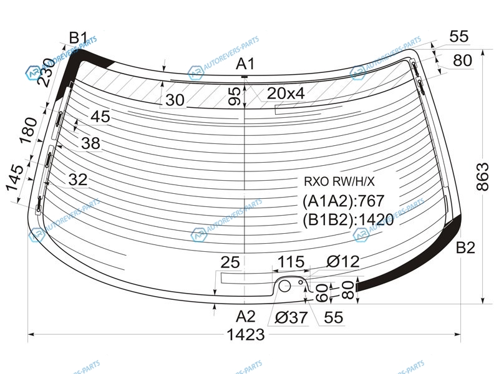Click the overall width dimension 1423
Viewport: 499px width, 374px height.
tap(245, 335)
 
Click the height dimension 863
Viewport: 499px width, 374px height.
tap(483, 177)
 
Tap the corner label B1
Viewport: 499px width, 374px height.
tap(78, 38)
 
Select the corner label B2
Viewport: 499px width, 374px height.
tap(465, 247)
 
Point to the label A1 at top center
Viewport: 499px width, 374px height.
tap(245, 64)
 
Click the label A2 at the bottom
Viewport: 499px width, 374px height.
tap(245, 317)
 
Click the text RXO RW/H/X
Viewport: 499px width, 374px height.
tap(339, 181)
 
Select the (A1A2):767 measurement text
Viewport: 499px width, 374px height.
tap(344, 201)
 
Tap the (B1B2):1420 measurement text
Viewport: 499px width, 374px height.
tap(348, 219)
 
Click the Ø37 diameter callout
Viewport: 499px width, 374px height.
tap(291, 317)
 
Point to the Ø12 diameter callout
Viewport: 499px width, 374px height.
tap(343, 261)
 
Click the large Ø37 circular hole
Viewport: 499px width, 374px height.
tap(284, 286)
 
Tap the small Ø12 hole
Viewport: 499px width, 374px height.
tap(301, 282)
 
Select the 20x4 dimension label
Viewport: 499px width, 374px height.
tap(286, 93)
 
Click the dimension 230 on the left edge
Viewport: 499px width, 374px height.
tap(46, 72)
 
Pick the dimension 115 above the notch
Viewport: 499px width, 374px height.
tap(291, 262)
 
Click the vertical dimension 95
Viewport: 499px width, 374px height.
tap(235, 97)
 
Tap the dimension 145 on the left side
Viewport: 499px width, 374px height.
tap(14, 178)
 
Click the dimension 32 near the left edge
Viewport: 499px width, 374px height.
tap(77, 180)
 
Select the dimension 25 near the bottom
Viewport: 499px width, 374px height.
tap(230, 262)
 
